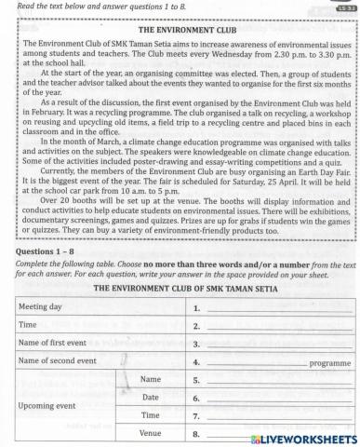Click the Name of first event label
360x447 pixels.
[58, 343]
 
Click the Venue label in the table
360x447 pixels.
[149, 433]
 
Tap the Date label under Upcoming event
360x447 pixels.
[150, 398]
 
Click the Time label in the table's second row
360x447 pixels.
[31, 325]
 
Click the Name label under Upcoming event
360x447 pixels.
[150, 380]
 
